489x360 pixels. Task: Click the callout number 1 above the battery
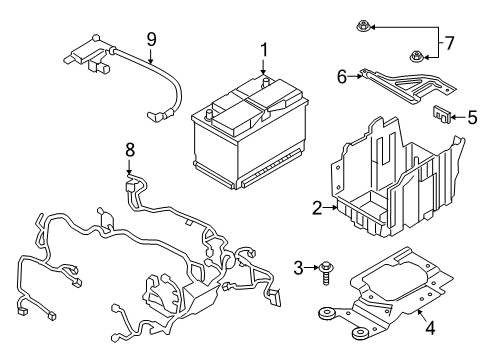264,49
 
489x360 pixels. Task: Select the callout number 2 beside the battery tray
317,208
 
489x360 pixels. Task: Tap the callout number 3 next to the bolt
298,266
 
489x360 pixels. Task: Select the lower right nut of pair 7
412,56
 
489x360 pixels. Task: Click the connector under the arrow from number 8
130,186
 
